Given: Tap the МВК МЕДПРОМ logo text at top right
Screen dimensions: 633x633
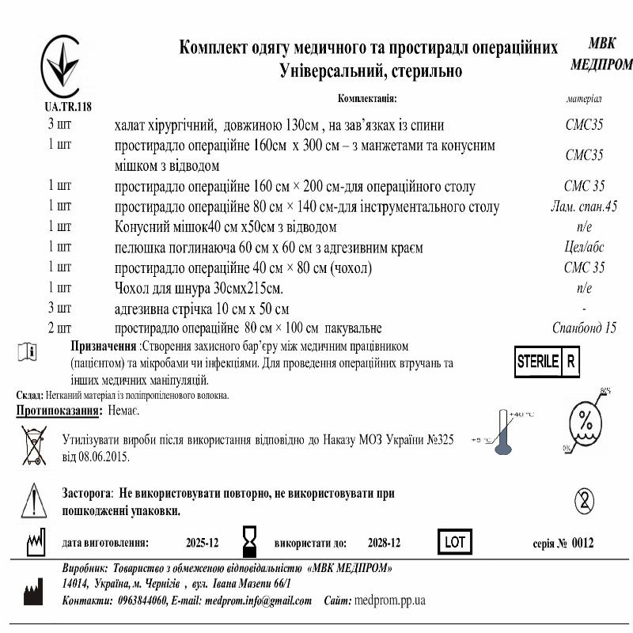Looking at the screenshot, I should pos(601,55).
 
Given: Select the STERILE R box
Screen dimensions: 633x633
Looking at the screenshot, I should pos(548,362).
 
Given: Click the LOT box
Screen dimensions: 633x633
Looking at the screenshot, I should pos(454,542).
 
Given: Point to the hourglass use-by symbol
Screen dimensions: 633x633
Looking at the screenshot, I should pos(251,542).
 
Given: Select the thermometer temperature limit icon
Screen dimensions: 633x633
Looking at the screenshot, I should pos(503,433).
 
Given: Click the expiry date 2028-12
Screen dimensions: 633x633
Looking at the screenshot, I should pos(384,543).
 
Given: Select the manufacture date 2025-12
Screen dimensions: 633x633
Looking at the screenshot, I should pos(202,543).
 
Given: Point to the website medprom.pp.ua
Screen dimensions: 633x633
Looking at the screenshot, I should pos(390,601).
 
